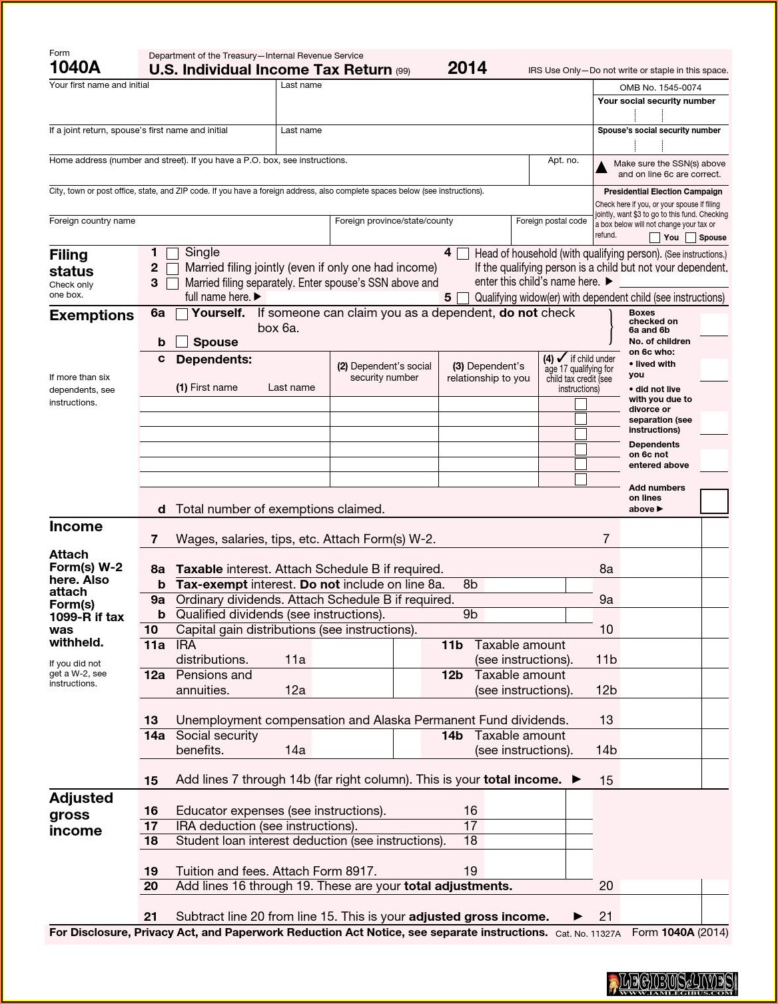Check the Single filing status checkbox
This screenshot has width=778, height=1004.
click(x=173, y=254)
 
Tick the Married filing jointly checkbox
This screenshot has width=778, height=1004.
click(x=173, y=269)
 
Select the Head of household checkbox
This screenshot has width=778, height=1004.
click(x=463, y=254)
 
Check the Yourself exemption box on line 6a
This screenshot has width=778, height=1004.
click(x=182, y=314)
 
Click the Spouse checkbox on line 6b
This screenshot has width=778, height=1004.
click(x=182, y=342)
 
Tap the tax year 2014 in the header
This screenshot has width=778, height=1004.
click(x=467, y=68)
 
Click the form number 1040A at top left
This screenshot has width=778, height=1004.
click(x=75, y=67)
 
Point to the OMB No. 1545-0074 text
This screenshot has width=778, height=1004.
click(x=660, y=88)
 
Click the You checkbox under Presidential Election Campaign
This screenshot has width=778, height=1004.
click(x=655, y=238)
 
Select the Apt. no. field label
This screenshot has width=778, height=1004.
click(x=563, y=160)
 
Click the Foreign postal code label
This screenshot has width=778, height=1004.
click(x=551, y=221)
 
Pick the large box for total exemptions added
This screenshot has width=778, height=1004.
click(x=714, y=501)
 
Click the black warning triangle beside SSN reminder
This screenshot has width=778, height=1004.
click(x=601, y=168)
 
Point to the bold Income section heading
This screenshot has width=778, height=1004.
click(x=76, y=527)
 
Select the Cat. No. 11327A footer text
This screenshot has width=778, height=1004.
click(x=587, y=933)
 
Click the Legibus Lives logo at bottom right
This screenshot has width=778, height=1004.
click(x=671, y=983)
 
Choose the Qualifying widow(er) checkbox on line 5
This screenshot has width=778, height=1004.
click(x=463, y=298)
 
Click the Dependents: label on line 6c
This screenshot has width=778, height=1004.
click(x=214, y=360)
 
